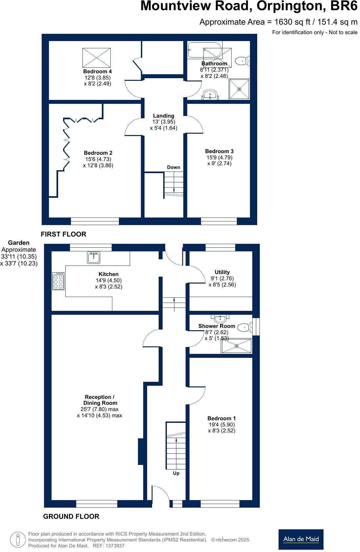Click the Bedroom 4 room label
tap(97, 72)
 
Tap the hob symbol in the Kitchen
tap(58, 281)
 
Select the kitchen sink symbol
tap(94, 257)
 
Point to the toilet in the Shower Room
tap(245, 327)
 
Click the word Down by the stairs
tap(173, 167)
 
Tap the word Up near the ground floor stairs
tap(176, 473)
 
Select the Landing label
tap(164, 116)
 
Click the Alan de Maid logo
tap(301, 539)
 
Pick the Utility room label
tap(222, 272)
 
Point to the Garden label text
tap(19, 243)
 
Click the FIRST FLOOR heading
tap(63, 234)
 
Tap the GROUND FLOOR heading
tap(71, 517)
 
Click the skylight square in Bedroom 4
tap(97, 57)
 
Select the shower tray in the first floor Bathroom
tap(239, 89)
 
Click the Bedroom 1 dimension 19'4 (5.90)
tap(222, 425)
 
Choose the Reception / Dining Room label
tap(100, 400)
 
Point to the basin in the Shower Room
tap(220, 318)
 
